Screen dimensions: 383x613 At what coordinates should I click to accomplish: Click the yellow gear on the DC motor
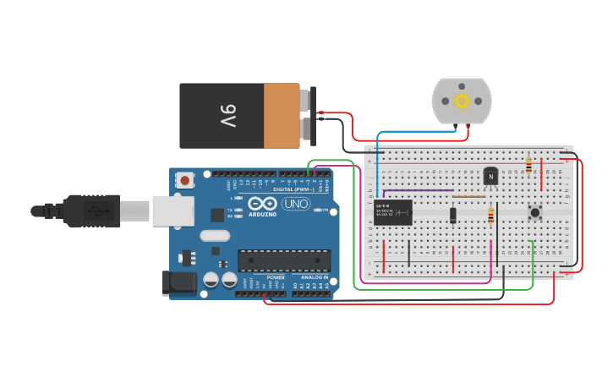point(461,101)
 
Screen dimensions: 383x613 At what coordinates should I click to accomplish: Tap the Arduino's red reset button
point(184,179)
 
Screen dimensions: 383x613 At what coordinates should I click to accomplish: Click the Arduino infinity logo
point(263,203)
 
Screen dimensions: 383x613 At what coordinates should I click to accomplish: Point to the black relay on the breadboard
point(393,212)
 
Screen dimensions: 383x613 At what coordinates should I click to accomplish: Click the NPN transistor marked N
point(490,176)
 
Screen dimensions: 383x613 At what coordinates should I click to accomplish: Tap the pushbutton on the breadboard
point(534,212)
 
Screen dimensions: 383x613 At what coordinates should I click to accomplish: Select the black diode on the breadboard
point(453,215)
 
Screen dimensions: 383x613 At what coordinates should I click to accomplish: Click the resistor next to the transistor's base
point(490,216)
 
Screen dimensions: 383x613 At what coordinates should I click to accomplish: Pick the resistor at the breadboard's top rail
point(528,165)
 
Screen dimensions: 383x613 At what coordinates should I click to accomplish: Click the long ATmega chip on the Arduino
point(283,260)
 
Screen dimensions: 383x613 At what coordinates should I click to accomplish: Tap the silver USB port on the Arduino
point(172,211)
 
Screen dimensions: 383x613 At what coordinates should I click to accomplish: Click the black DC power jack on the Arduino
point(180,283)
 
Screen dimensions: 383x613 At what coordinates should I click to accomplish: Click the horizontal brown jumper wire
point(468,197)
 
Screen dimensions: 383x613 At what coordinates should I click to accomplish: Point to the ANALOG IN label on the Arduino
point(314,277)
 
